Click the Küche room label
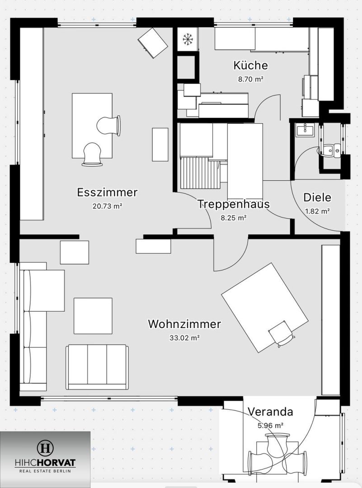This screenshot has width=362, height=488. (x=250, y=66)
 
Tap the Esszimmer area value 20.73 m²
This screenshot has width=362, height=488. (x=107, y=206)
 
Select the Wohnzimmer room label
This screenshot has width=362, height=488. (x=184, y=324)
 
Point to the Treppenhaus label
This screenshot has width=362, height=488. (x=234, y=204)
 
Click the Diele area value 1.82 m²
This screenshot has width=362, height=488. (x=317, y=211)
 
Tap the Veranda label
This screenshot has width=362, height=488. (x=270, y=412)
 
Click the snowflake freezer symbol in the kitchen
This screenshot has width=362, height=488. (x=188, y=39)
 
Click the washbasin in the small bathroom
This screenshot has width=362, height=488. (x=305, y=131)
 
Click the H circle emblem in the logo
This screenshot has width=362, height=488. (x=45, y=449)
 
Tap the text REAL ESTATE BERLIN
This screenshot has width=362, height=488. (x=45, y=471)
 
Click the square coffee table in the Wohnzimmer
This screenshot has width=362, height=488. (x=93, y=315)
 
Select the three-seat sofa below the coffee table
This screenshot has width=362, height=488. (x=97, y=366)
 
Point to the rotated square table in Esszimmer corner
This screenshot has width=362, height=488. (x=152, y=42)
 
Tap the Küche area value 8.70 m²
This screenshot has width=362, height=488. (x=251, y=78)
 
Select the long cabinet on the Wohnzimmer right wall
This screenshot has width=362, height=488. (x=330, y=320)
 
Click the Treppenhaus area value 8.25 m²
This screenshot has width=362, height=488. (x=233, y=217)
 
